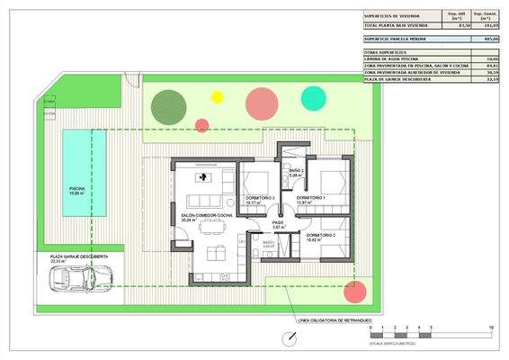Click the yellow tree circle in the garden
tap(217, 96)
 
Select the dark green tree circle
tap(169, 105)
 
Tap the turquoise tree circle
tap(313, 98)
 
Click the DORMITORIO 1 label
tap(310, 197)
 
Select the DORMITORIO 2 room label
tap(321, 236)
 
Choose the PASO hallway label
tap(278, 222)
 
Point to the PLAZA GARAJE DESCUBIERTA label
tap(79, 257)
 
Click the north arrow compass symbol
tap(287, 339)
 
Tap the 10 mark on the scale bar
tap(491, 327)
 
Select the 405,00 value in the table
tap(490, 40)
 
